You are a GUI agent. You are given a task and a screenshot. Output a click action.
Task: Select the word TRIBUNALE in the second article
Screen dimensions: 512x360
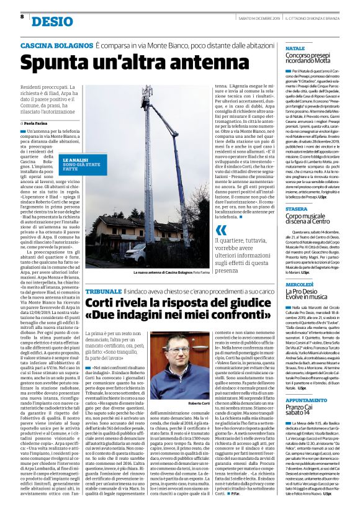click(x=104, y=291)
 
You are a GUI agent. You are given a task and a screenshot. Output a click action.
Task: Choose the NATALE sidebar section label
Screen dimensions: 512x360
click(x=295, y=47)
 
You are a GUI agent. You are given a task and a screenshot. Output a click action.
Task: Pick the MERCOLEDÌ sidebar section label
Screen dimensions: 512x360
click(x=299, y=283)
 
